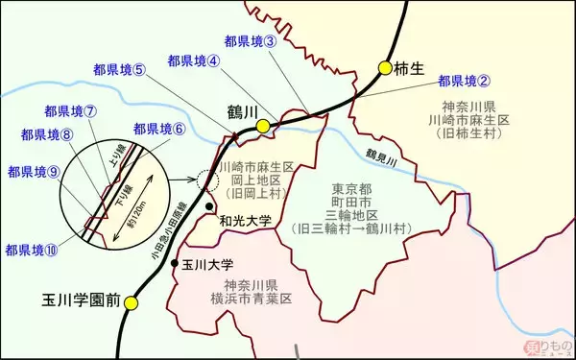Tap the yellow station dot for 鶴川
tap(262, 126)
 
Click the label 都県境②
tap(464, 82)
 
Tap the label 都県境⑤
tap(120, 69)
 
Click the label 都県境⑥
tap(158, 129)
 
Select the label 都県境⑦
tap(70, 110)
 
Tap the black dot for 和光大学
tap(208, 206)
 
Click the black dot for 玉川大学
tap(174, 263)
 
